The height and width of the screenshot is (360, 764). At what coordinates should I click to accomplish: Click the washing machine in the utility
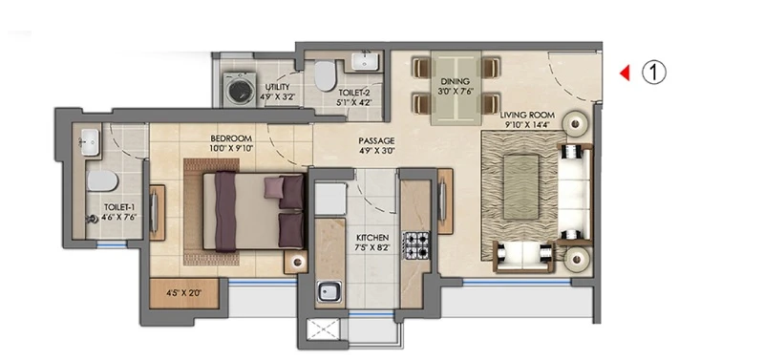pos(239,89)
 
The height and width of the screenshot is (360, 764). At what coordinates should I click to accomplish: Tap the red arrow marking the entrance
pos(625,74)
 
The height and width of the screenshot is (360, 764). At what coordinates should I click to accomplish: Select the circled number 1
pos(653,73)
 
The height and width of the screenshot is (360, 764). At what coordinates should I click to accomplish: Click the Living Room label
pos(527,116)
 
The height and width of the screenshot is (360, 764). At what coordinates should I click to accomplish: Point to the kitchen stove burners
pos(415,244)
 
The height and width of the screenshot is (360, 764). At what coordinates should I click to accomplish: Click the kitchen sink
pos(325,291)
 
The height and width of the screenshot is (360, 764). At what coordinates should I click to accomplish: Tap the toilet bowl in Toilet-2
pos(324,76)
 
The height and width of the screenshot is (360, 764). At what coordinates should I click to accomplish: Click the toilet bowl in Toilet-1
pos(102,180)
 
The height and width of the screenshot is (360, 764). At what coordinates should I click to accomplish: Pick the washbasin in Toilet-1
pos(91,142)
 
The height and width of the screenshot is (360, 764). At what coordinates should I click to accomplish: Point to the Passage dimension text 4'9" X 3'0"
pos(376,151)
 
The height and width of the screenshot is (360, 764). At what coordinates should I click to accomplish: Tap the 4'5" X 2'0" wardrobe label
pos(183,293)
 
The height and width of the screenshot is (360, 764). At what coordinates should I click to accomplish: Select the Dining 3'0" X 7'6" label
pos(456,86)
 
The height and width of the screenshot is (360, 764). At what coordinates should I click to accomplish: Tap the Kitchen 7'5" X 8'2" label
pos(372,243)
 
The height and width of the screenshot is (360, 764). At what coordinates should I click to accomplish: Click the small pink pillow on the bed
pos(273,187)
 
